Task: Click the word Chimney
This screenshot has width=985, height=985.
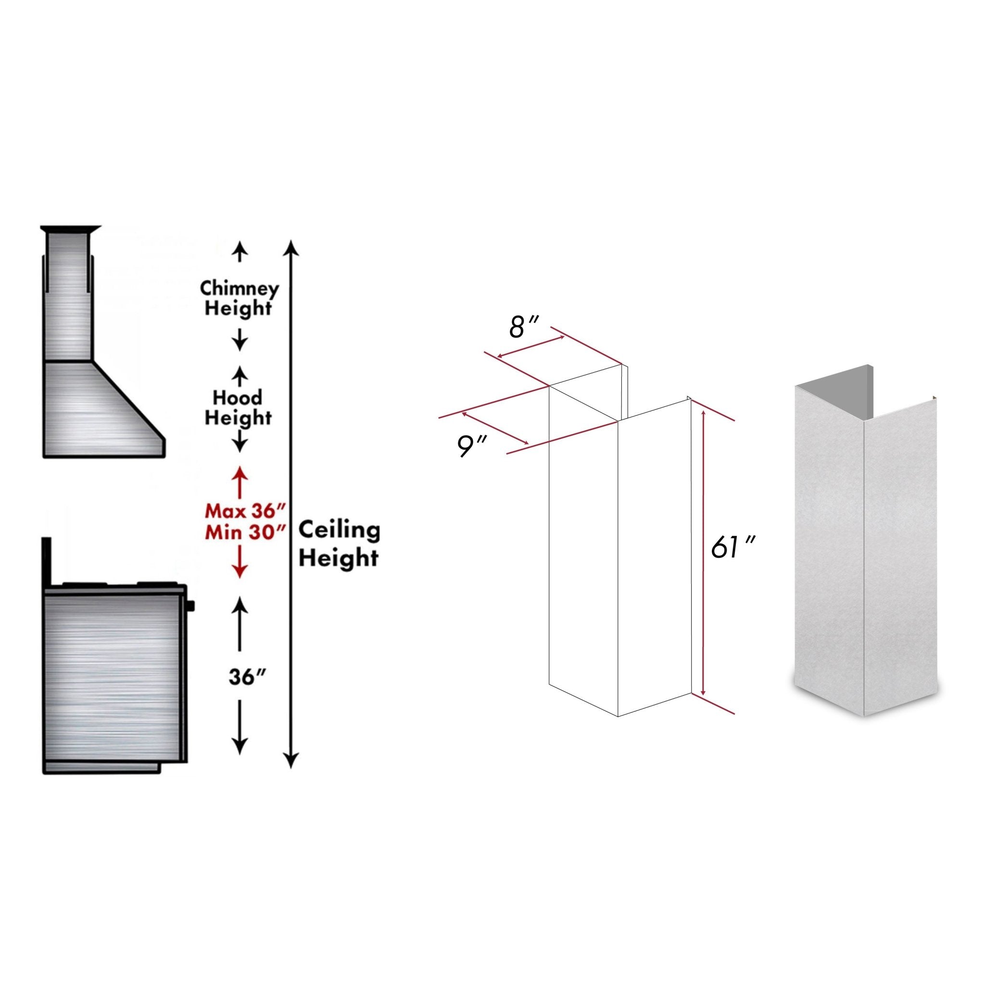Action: (239, 289)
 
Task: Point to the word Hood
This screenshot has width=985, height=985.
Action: (238, 398)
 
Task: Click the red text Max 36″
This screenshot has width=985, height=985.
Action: (240, 510)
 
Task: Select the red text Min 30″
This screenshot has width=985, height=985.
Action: (240, 533)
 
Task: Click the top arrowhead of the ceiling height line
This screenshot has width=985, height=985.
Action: (290, 247)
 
